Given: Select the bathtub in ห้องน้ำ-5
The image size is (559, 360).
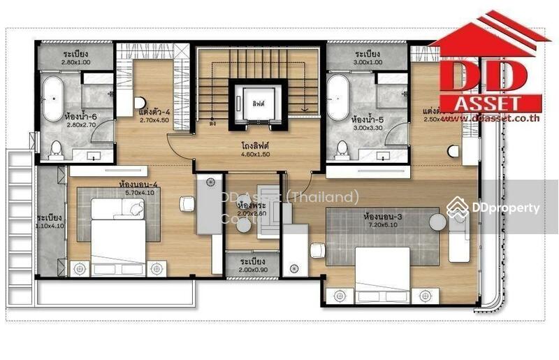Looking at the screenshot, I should click(340, 99).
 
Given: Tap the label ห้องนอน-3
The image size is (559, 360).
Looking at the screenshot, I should click(382, 217).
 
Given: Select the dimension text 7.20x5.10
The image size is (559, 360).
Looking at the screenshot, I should click(382, 226).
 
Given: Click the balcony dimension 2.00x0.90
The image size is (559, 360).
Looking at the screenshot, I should click(252, 269).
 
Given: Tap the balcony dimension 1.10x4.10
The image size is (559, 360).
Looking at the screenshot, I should click(50, 226).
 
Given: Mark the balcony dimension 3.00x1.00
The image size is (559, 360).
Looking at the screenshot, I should click(368, 62).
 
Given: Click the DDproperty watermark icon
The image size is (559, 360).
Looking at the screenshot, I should click(458, 208).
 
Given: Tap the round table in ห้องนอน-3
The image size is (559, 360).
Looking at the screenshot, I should click(437, 222).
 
